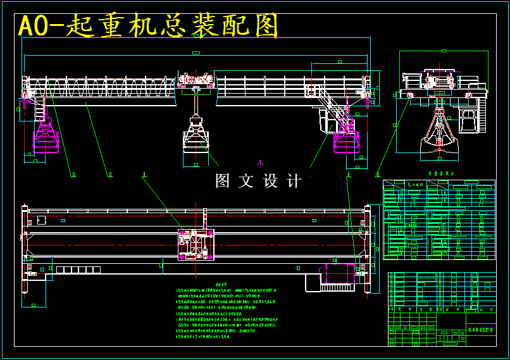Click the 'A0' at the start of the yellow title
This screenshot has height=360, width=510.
pos(34,26)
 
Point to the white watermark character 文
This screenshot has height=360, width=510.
pos(246,181)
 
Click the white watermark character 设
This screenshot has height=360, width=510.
pos(270,181)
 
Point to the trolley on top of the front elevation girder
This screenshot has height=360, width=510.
pos(196,80)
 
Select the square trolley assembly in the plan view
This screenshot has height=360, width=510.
pos(196,244)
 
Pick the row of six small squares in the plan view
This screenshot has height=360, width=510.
pos(78,270)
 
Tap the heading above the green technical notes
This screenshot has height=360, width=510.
pos(221,284)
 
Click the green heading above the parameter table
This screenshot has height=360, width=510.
pos(441,173)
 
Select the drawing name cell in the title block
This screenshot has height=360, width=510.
pos(481,330)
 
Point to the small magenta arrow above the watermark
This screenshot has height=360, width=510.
pos(260,163)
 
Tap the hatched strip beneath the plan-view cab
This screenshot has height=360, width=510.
pos(337,287)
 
